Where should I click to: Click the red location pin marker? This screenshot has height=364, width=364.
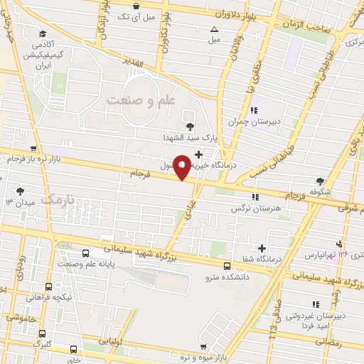click(181, 166)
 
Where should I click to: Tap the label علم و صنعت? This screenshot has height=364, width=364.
click(141, 101)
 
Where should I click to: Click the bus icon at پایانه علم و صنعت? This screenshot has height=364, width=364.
click(86, 253)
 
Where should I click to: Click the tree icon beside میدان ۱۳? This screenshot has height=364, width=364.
click(19, 191)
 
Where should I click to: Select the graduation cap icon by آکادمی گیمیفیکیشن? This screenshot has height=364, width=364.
click(45, 33)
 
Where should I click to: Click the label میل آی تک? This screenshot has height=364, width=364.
click(134, 16)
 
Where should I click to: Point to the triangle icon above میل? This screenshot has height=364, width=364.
click(214, 29)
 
